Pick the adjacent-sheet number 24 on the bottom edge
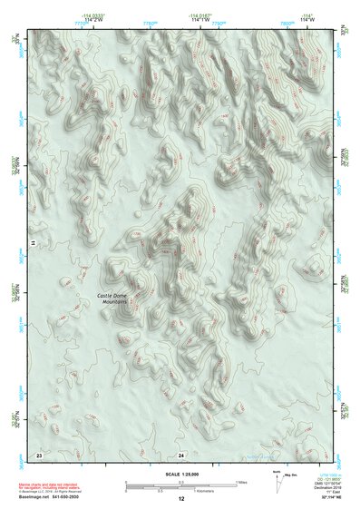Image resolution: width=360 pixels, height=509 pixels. coord(181,453)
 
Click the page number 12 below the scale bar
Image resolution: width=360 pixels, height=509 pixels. coord(181,498)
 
